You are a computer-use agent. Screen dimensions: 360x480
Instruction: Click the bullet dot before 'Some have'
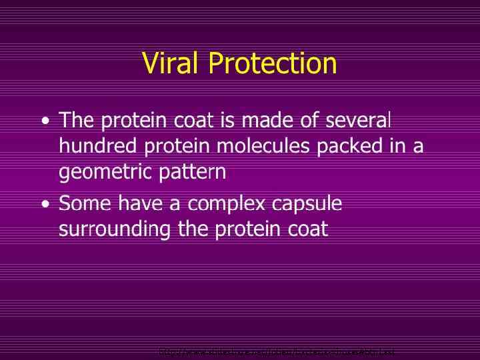pyautogui.click(x=44, y=204)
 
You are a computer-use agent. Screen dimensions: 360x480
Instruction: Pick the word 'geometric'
pyautogui.click(x=107, y=173)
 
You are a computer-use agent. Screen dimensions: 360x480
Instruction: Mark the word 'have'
pyautogui.click(x=135, y=203)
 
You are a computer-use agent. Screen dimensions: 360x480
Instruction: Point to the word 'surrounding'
pyautogui.click(x=115, y=230)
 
